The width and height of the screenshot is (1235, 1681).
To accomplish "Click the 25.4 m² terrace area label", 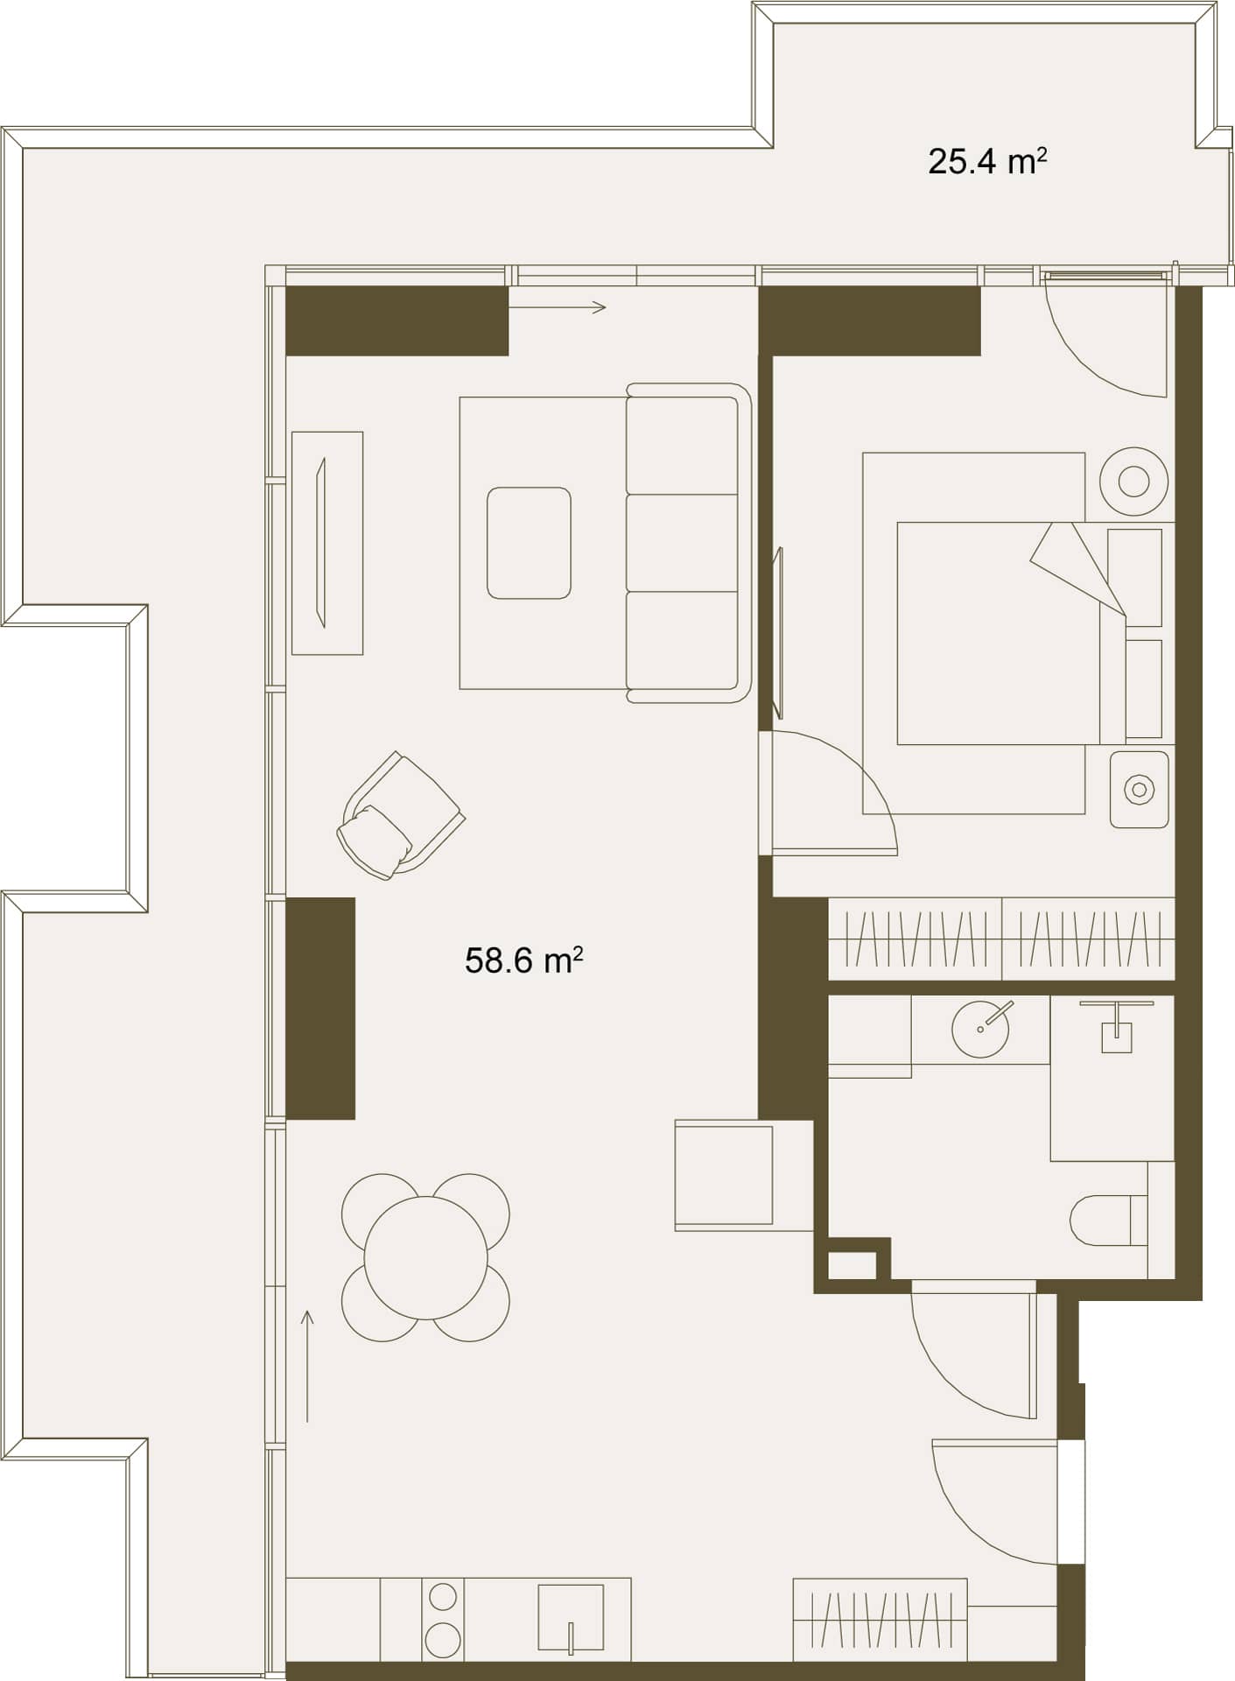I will click(986, 162).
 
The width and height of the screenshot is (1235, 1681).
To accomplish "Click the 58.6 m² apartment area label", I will click(523, 960).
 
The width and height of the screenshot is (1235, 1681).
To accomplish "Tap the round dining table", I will click(425, 1257).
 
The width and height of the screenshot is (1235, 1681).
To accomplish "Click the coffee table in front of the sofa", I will click(529, 543).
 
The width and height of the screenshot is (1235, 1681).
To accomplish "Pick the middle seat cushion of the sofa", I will click(682, 543).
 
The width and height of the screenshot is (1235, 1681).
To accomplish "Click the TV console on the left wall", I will click(326, 543).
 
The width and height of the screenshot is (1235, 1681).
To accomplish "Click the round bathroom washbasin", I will click(979, 1029).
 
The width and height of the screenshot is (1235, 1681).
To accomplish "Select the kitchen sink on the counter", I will click(570, 1619).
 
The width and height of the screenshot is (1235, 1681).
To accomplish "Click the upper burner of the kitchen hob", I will click(443, 1597).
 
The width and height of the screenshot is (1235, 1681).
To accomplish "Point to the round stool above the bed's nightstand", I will click(1133, 482).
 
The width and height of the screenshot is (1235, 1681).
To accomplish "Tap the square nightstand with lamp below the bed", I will click(1139, 790).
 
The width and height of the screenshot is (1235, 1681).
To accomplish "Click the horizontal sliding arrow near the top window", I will click(557, 306).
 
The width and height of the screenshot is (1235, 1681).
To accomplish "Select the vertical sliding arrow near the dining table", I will click(307, 1366).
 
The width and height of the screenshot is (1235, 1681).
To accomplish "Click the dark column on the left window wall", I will click(320, 1008).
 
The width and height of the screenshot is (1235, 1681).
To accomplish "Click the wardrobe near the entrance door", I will click(880, 1620).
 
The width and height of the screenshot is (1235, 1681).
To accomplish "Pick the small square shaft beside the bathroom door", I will click(852, 1265).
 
